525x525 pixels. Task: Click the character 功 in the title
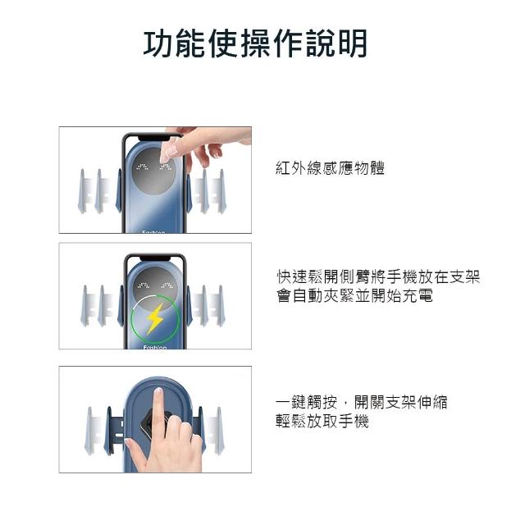pos(158,43)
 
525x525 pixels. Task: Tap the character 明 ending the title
pos(353,43)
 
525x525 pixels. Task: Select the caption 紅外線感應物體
pos(330,168)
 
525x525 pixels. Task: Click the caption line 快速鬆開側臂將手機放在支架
pos(378,277)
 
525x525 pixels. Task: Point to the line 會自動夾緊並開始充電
pos(354,296)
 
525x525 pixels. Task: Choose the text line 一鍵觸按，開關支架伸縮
pos(362,402)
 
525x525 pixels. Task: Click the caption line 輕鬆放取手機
pos(322,421)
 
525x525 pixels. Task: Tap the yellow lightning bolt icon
pos(155,318)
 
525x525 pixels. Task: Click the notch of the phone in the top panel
pos(155,138)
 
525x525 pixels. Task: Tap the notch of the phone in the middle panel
pos(155,258)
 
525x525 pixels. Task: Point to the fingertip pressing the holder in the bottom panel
pos(158,391)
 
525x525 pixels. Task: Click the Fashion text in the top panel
pos(153,231)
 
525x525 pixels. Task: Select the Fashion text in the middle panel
pos(155,347)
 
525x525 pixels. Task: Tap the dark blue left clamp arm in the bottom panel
pos(109,430)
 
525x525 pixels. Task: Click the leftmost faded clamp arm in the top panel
pos(82,191)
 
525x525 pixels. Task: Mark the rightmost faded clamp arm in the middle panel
pos(221,306)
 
